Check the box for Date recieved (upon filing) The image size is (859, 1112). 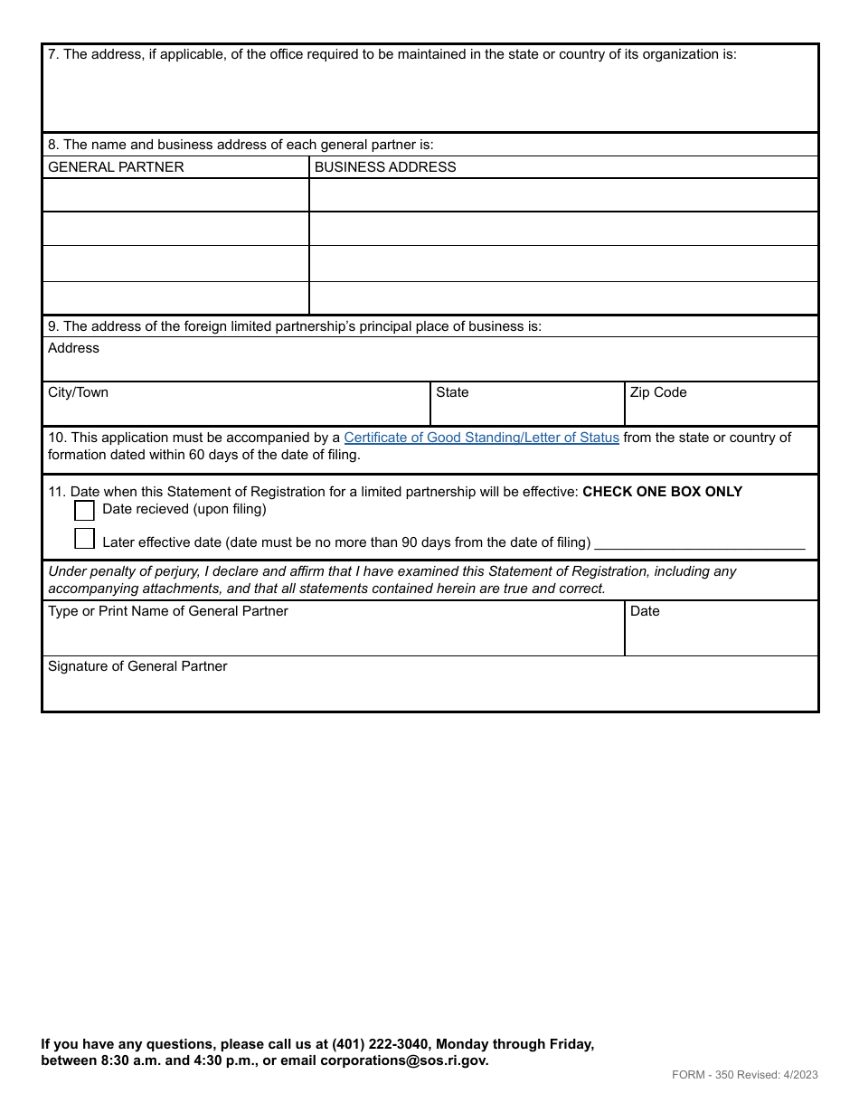[x=84, y=511]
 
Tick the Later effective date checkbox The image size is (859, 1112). [x=84, y=540]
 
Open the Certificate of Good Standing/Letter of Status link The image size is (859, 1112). [x=481, y=438]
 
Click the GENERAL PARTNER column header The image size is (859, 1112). [x=116, y=167]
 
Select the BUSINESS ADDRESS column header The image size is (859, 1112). [x=385, y=167]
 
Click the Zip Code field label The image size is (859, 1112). [x=658, y=392]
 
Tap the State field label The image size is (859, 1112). [x=452, y=392]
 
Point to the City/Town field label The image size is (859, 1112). [x=78, y=392]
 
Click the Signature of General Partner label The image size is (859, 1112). [x=137, y=666]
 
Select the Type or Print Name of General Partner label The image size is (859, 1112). [x=168, y=611]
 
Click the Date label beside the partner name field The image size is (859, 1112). [x=645, y=611]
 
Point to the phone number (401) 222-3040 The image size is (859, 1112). [x=379, y=1044]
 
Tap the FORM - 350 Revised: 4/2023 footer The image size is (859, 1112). [x=744, y=1075]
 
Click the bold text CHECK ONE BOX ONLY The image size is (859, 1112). [x=662, y=492]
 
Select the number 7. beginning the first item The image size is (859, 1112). [x=53, y=54]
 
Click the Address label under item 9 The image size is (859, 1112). [x=73, y=348]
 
